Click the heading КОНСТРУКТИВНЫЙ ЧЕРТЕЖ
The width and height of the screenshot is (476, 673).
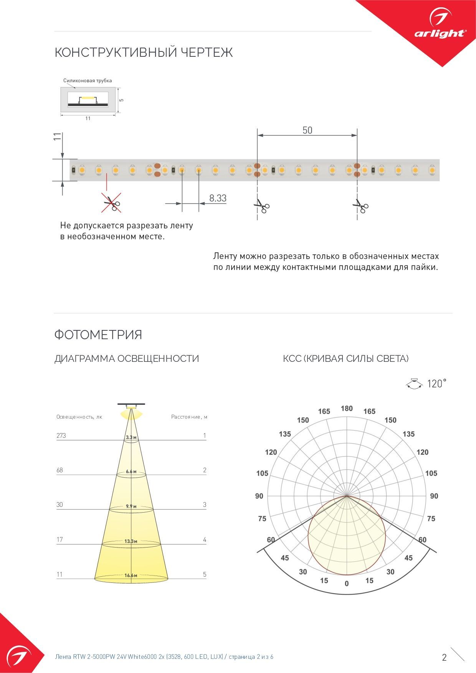pos(144,52)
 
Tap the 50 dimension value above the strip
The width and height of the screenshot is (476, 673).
pos(307,130)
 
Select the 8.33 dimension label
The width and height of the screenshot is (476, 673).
pos(218,198)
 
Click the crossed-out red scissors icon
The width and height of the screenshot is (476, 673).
pos(111,203)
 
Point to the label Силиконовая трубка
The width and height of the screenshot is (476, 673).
pos(88,81)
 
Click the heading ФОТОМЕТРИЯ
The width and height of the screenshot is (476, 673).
pos(98,335)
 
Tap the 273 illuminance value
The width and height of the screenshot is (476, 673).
pos(61,435)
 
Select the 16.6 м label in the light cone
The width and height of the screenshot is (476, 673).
pos(131,575)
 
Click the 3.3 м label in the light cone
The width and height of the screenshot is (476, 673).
pos(131,437)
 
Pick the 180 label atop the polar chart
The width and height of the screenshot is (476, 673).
pos(347,408)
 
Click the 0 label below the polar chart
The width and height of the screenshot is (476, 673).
pos(347,584)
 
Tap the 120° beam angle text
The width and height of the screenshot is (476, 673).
pos(437,383)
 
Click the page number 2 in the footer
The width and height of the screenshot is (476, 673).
pos(444,657)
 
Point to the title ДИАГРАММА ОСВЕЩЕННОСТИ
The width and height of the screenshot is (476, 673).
pos(127,359)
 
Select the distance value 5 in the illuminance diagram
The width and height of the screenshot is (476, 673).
pos(205,574)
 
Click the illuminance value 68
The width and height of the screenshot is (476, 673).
pos(59,470)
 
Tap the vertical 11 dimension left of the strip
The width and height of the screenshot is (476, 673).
pos(57,137)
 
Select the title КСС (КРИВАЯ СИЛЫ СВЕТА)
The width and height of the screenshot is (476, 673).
pos(345,359)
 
